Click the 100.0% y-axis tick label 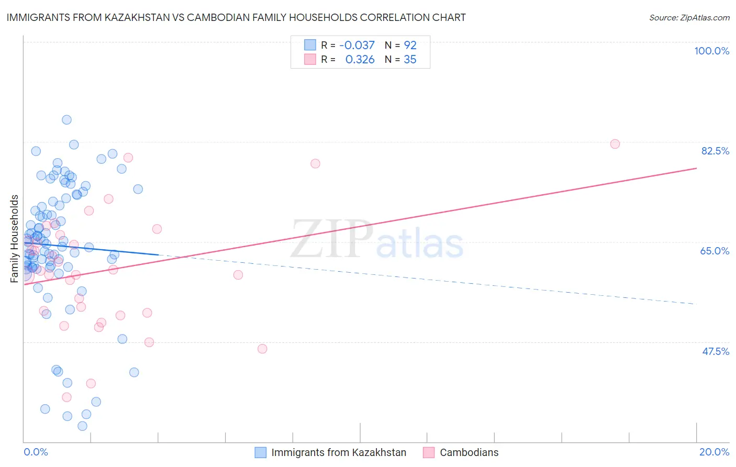tap(711, 51)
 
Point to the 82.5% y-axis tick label tap(715, 151)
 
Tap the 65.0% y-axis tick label tap(715, 251)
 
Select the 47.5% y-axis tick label tap(715, 351)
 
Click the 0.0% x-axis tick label tap(36, 452)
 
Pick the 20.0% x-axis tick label tap(714, 452)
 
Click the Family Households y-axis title tap(15, 239)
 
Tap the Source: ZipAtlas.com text tap(689, 18)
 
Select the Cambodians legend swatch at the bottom tap(429, 452)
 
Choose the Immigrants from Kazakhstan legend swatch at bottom tap(260, 452)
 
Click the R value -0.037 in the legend tap(357, 46)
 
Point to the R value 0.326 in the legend tap(360, 60)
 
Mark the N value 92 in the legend tap(410, 46)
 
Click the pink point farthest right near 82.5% tap(615, 144)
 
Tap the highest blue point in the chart tap(66, 120)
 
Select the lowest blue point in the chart tap(82, 426)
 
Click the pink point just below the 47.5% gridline tap(262, 349)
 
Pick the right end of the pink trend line tap(696, 168)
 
